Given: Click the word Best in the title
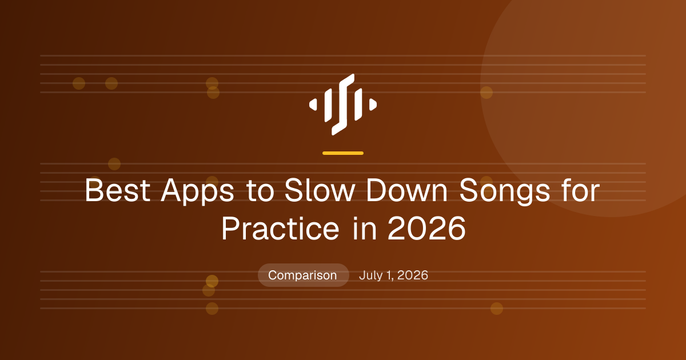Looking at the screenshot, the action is (x=118, y=190).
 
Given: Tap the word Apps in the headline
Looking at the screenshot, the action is (x=198, y=191).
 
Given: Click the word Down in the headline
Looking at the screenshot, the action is (x=407, y=190).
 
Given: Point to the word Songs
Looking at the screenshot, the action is (x=505, y=191).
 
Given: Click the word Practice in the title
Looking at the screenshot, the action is (x=280, y=229).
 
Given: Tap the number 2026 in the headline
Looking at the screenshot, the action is (x=426, y=229).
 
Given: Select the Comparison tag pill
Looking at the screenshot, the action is (x=304, y=275).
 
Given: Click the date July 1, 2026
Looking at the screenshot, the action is (x=393, y=275).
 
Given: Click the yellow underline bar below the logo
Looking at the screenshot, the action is (x=343, y=153).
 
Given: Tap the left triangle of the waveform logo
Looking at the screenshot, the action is (x=313, y=105).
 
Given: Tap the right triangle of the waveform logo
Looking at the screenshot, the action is (x=373, y=105).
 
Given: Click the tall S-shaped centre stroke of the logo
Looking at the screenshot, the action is (x=343, y=105).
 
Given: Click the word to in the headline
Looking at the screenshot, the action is (x=260, y=191).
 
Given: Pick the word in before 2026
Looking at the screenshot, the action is (x=364, y=229).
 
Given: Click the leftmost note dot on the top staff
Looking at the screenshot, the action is (x=79, y=83).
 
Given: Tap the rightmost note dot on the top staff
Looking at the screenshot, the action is (x=486, y=93).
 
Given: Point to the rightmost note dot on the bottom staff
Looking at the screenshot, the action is (x=497, y=309).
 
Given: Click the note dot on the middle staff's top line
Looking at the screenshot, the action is (x=114, y=164).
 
